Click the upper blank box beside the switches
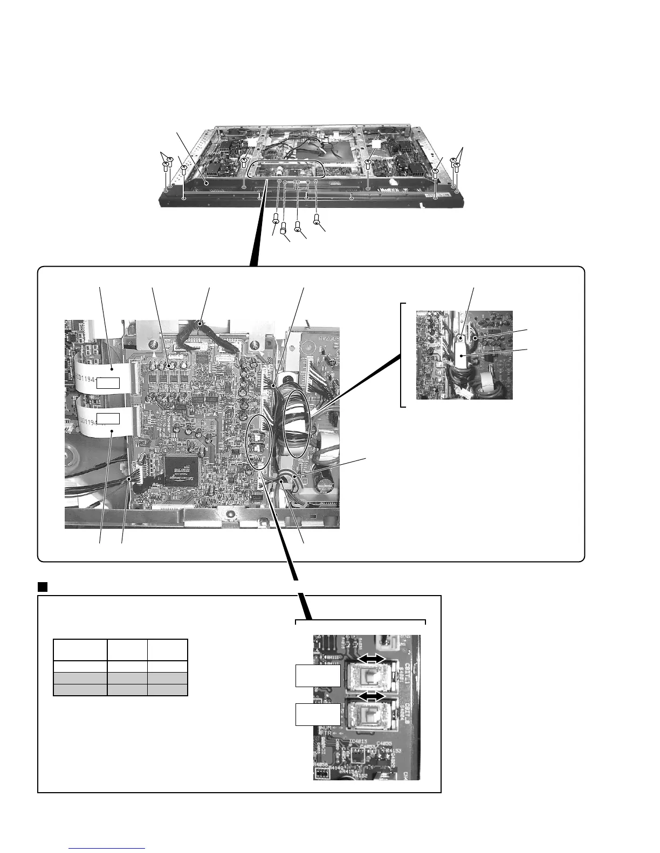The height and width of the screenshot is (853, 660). pos(318,676)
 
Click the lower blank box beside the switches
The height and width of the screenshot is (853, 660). pos(318,714)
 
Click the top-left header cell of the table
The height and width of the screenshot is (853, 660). pos(80,649)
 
